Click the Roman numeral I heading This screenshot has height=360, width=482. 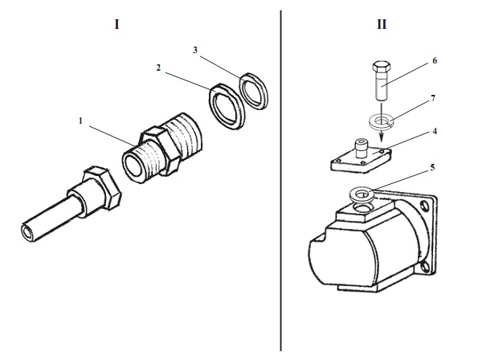tap(116, 24)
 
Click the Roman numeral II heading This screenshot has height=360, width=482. tap(381, 24)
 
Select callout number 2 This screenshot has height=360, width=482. tap(159, 69)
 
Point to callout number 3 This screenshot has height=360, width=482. tap(195, 50)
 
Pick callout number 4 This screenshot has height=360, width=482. tap(434, 129)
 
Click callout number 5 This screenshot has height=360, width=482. tap(434, 168)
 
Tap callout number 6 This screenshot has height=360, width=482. tap(434, 60)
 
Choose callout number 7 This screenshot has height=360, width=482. tap(434, 98)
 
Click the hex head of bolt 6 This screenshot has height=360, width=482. tap(382, 65)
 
